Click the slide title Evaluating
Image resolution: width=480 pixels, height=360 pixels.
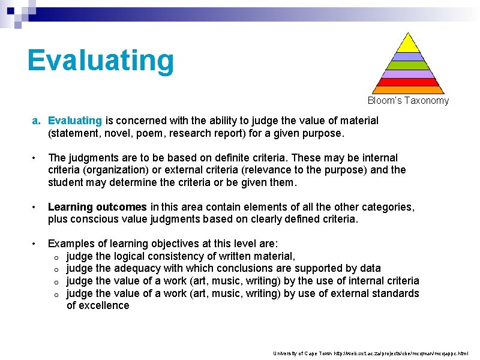tap(101, 61)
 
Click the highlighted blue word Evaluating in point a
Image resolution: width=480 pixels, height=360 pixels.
tap(75, 121)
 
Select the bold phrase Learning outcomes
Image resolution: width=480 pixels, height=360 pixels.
tap(97, 207)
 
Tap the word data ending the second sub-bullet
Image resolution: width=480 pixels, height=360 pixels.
tap(370, 268)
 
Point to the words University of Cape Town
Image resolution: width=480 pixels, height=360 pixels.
tap(299, 353)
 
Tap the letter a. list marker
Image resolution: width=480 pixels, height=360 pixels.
tap(37, 121)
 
